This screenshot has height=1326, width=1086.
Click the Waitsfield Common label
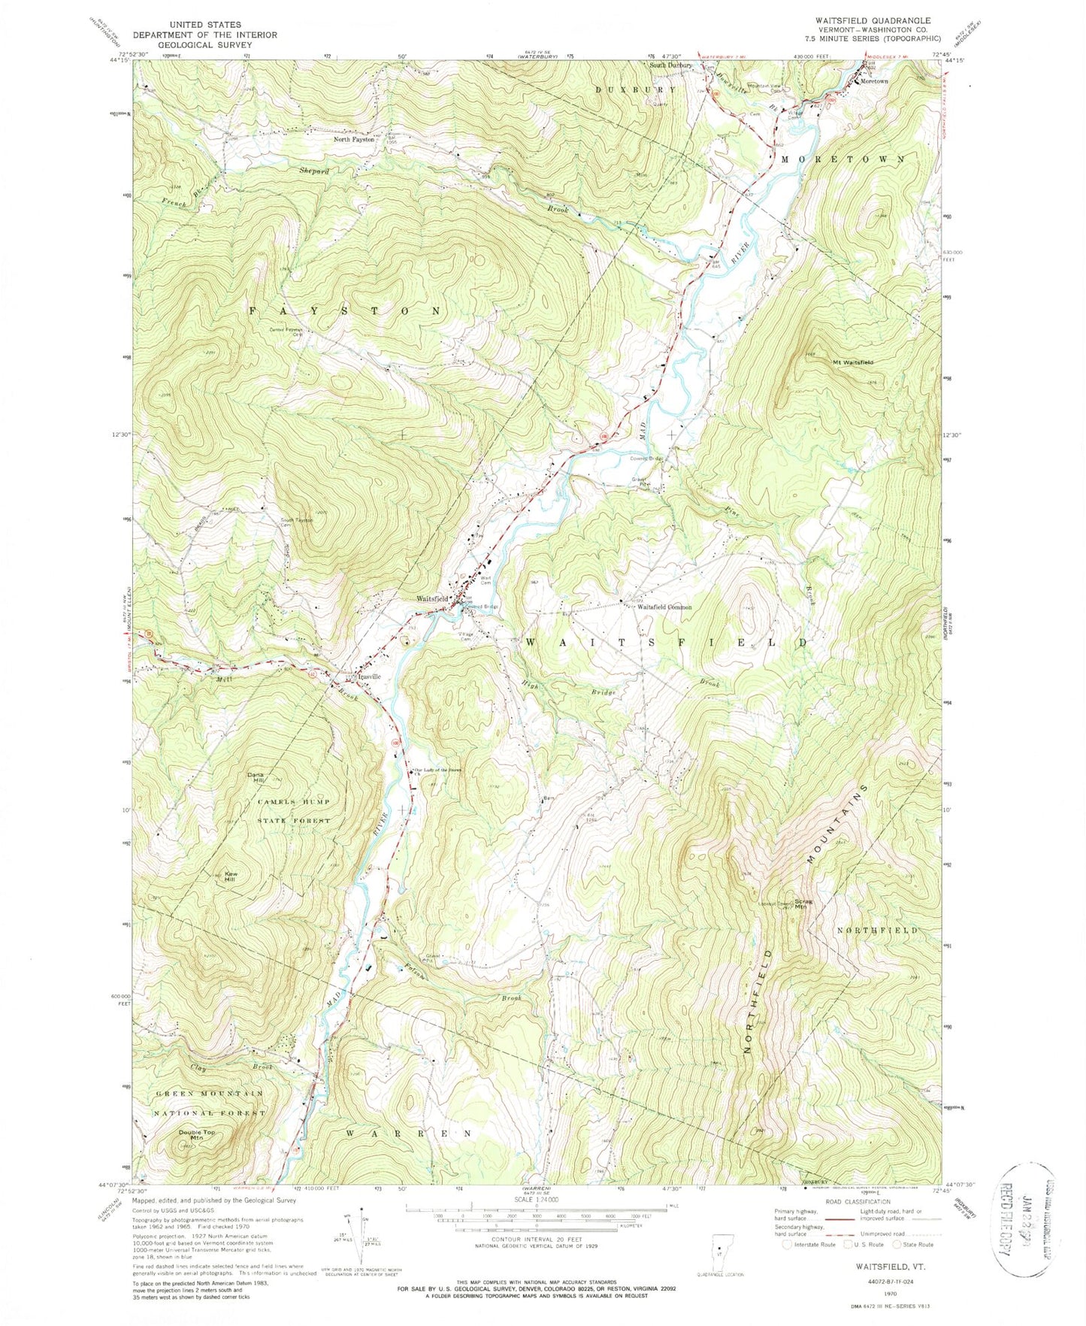(664, 607)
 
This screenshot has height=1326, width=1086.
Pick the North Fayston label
(354, 139)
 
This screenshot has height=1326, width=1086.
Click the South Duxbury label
(670, 65)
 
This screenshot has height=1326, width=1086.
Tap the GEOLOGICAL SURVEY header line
(204, 45)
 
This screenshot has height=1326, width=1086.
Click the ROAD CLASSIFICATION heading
(846, 1201)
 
